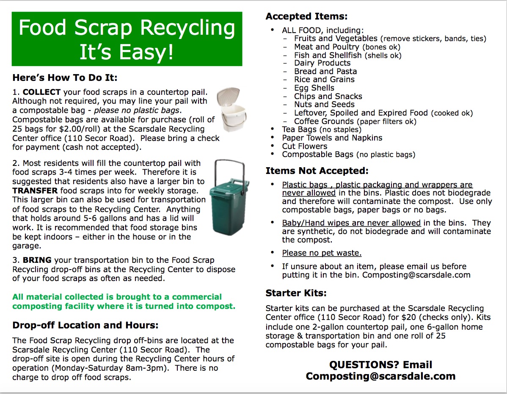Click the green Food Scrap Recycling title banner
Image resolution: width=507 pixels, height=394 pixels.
tap(127, 39)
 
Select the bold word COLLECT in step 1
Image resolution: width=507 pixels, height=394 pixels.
tap(41, 92)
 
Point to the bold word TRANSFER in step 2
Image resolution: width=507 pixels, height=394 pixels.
tap(35, 191)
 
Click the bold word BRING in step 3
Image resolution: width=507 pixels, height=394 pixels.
tap(37, 260)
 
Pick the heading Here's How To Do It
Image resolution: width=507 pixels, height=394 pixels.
tap(65, 78)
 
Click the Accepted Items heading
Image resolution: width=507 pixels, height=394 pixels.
tap(306, 17)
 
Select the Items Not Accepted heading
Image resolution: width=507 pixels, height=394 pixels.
tap(317, 171)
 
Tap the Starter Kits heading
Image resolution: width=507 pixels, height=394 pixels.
tap(296, 293)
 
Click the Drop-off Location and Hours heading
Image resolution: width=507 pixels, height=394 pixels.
tap(85, 325)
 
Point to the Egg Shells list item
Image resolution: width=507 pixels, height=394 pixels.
tap(314, 88)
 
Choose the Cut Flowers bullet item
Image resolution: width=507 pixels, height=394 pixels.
tap(304, 146)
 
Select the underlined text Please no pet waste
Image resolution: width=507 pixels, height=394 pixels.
tap(322, 253)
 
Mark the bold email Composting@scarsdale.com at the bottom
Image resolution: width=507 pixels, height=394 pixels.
tap(380, 376)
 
